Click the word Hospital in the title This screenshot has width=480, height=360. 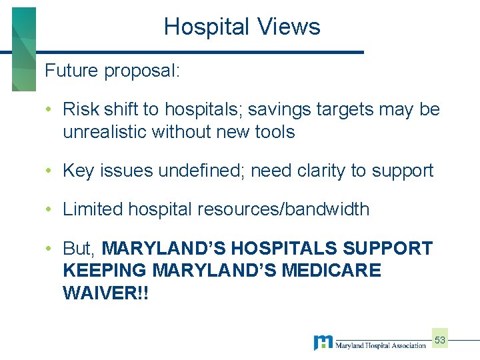(x=204, y=27)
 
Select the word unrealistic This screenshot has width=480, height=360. (x=105, y=132)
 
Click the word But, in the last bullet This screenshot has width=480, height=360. (x=80, y=249)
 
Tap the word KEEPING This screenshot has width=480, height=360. (x=105, y=271)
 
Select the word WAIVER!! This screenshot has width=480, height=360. (x=106, y=294)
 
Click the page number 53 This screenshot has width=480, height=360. (x=440, y=341)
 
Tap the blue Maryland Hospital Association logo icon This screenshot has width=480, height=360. (x=323, y=343)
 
